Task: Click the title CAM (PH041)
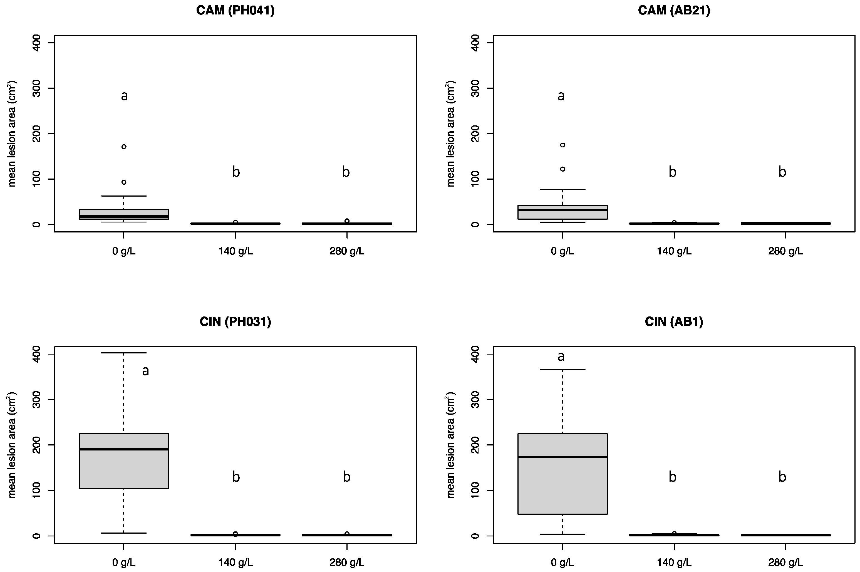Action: click(235, 10)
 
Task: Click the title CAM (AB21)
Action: click(674, 10)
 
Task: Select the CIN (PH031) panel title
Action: click(235, 321)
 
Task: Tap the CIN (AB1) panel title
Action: click(674, 321)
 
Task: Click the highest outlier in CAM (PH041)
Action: click(124, 147)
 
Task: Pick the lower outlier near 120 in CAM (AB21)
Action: click(562, 169)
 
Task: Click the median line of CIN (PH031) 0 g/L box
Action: click(124, 449)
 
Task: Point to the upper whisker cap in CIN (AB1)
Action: click(562, 369)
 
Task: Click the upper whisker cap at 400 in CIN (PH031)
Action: click(124, 353)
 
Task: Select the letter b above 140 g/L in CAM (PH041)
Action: click(236, 172)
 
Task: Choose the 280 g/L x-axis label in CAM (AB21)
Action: click(785, 251)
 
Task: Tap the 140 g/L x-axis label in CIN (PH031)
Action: click(235, 562)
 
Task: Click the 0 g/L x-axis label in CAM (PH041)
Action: click(124, 251)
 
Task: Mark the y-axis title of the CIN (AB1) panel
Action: click(450, 445)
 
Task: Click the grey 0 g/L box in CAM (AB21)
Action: click(562, 215)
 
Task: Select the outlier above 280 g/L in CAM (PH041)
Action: click(347, 221)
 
